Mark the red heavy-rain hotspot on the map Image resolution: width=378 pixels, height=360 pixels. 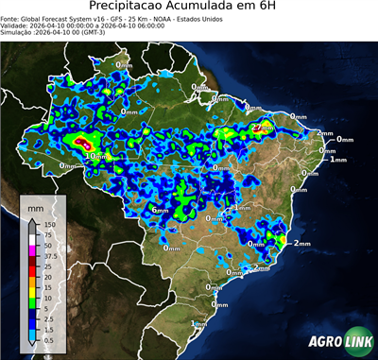(81, 141)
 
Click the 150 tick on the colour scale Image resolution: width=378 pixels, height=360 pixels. (47, 224)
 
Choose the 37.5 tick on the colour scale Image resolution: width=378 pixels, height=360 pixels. (49, 255)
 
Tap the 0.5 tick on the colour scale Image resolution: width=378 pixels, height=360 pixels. (47, 334)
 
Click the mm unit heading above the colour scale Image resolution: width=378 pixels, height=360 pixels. (35, 205)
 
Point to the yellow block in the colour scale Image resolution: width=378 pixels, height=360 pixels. (32, 288)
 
